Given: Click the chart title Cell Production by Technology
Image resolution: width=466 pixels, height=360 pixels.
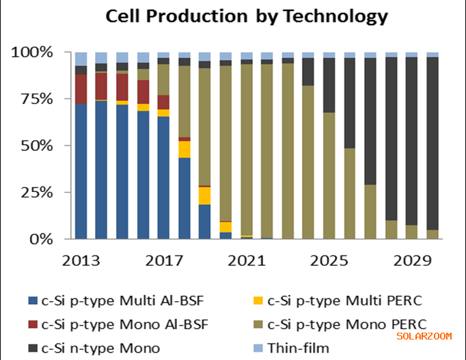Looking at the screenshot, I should (246, 16).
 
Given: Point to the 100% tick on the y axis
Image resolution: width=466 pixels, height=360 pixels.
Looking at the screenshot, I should (31, 52).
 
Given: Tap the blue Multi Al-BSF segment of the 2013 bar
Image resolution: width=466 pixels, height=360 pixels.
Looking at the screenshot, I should (81, 171).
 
